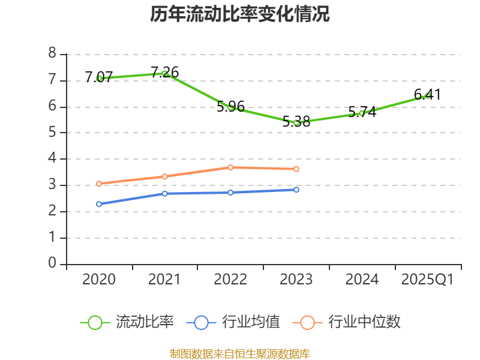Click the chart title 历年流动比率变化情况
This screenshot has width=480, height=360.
(x=240, y=14)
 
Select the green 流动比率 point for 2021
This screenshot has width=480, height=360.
(x=164, y=73)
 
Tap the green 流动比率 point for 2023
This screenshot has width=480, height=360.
(x=296, y=122)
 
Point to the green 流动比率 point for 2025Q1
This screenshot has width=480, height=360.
(x=428, y=95)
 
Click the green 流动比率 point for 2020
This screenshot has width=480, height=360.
(x=99, y=78)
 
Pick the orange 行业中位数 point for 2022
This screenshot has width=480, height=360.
(x=230, y=167)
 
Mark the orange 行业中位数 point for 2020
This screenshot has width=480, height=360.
(x=99, y=184)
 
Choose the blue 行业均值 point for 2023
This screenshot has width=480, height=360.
(x=296, y=190)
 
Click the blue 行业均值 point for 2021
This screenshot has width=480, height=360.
(x=164, y=193)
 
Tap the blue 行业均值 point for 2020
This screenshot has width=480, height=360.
(x=99, y=204)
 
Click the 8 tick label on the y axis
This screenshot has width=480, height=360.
(x=52, y=54)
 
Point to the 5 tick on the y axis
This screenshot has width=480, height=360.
(x=52, y=133)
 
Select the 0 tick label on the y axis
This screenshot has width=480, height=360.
(x=52, y=263)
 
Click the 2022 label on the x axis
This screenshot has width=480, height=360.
(x=230, y=280)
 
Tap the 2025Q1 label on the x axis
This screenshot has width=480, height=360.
(x=428, y=280)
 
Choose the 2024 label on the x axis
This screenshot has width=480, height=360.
(x=362, y=280)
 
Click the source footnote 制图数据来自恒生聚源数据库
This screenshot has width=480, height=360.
(x=240, y=353)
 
